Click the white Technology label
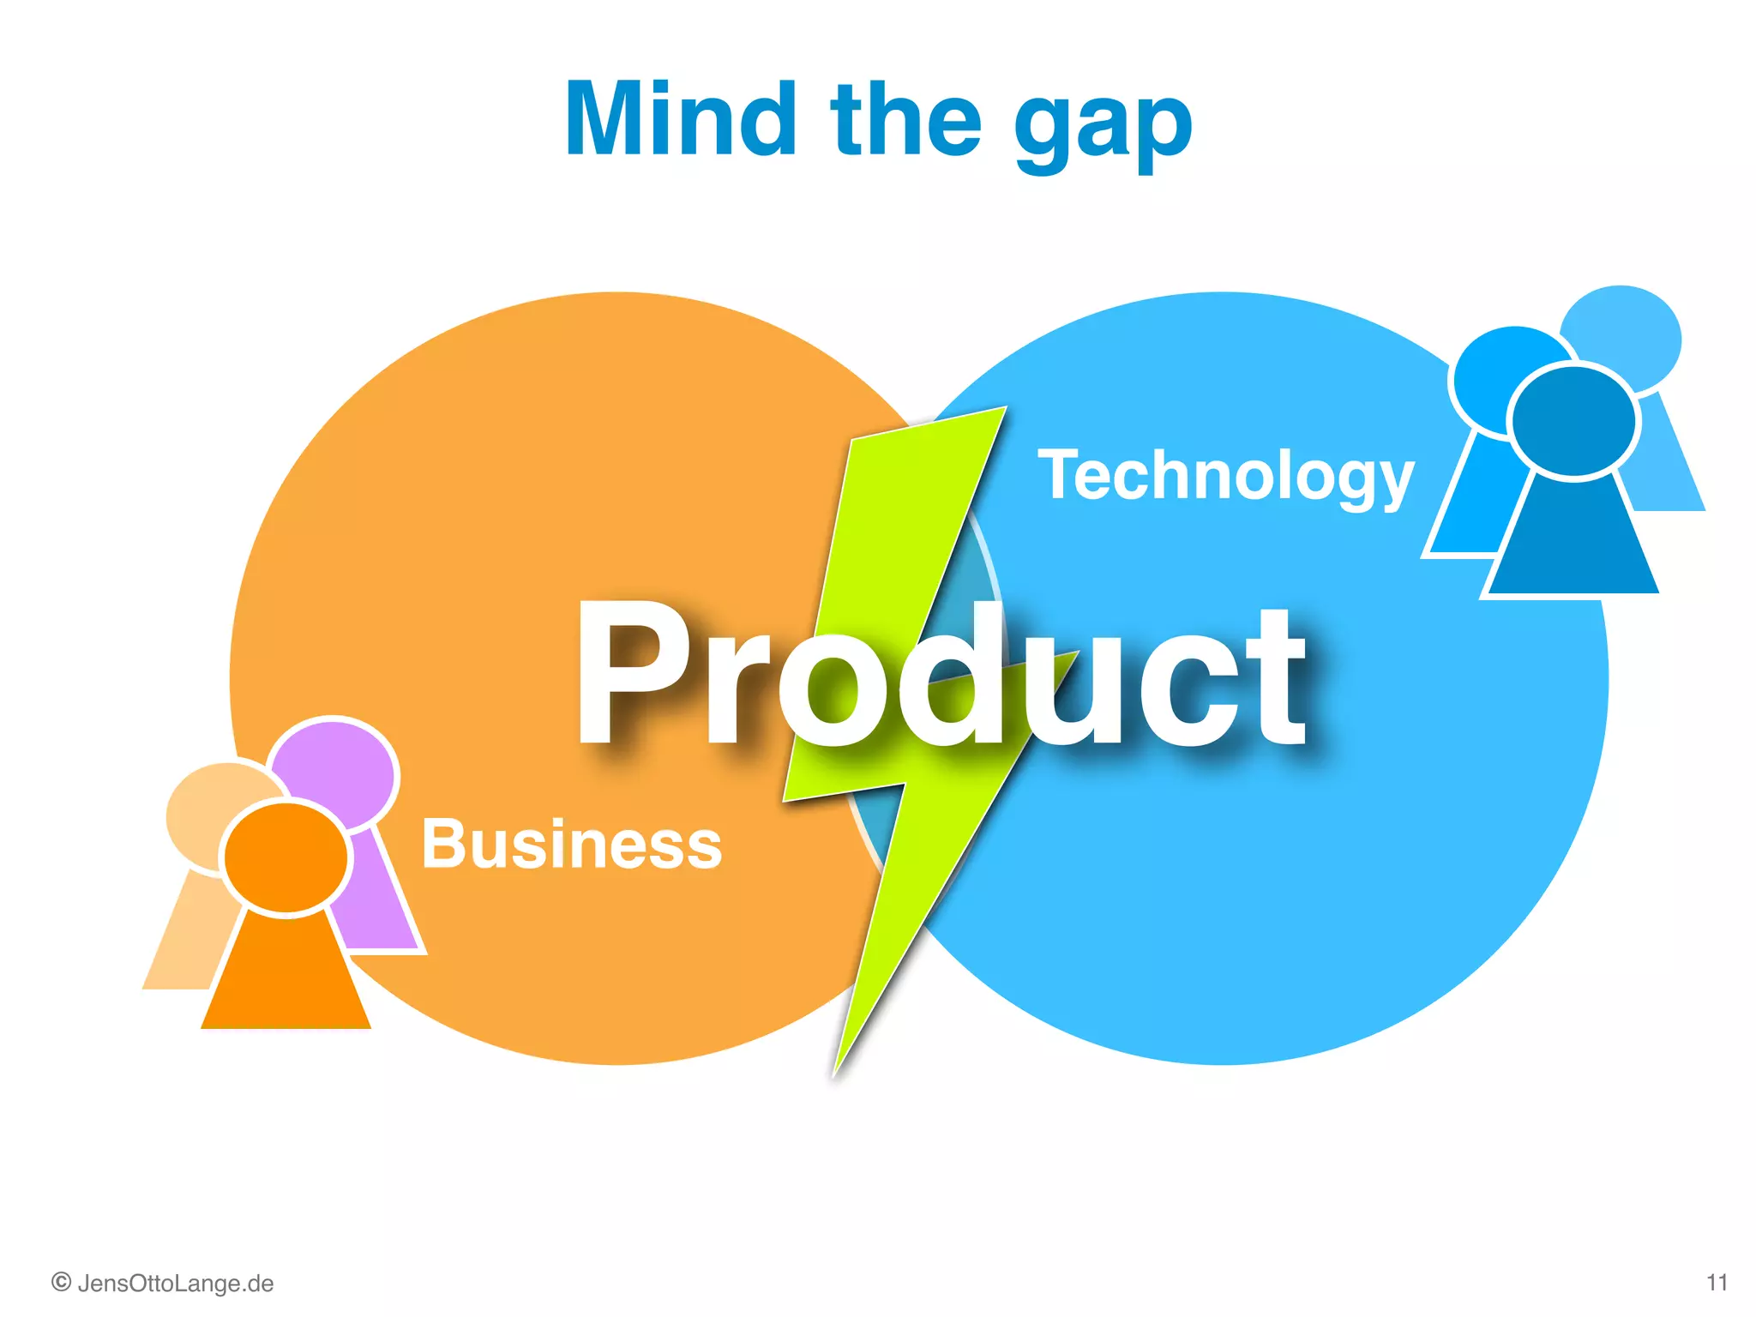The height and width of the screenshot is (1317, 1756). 1225,477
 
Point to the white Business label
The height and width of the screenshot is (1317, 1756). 572,844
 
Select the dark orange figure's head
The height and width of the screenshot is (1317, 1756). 286,857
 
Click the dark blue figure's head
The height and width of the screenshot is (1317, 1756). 1573,420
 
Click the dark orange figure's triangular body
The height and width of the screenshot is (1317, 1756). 286,977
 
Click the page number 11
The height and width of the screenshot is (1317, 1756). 1717,1283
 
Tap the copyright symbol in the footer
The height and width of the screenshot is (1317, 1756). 61,1283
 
